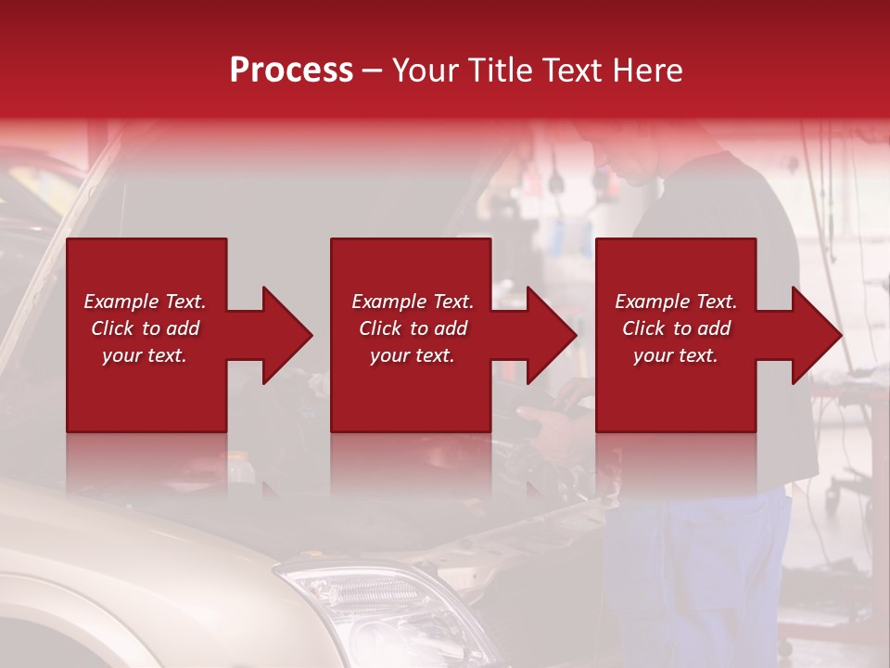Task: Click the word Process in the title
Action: [291, 71]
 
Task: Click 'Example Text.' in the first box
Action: [145, 302]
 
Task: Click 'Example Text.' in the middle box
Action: [413, 302]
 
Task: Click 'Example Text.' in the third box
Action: [676, 302]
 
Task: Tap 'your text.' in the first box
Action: [145, 355]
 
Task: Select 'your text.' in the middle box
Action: [413, 355]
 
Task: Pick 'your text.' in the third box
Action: [676, 355]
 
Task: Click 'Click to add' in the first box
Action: [145, 328]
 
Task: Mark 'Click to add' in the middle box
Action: [413, 328]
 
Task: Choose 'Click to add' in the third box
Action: [676, 328]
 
